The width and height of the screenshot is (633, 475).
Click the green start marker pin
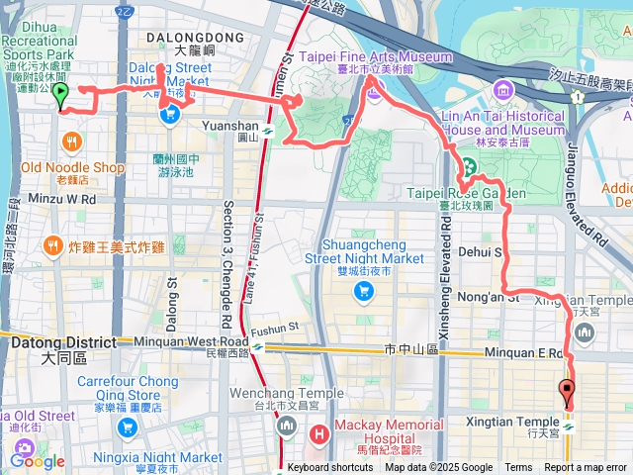tap(59, 96)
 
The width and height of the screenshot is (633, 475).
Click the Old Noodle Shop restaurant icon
tap(72, 142)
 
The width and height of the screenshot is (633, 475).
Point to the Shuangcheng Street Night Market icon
tap(363, 291)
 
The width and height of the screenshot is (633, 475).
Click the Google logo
tap(38, 460)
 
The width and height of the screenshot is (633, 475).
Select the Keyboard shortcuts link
tap(330, 468)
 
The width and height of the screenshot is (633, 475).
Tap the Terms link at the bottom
tap(518, 468)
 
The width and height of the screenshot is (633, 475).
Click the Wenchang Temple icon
tap(287, 427)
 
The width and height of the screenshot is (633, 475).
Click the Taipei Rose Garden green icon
tap(465, 165)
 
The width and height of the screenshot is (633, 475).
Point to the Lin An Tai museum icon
tap(502, 92)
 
